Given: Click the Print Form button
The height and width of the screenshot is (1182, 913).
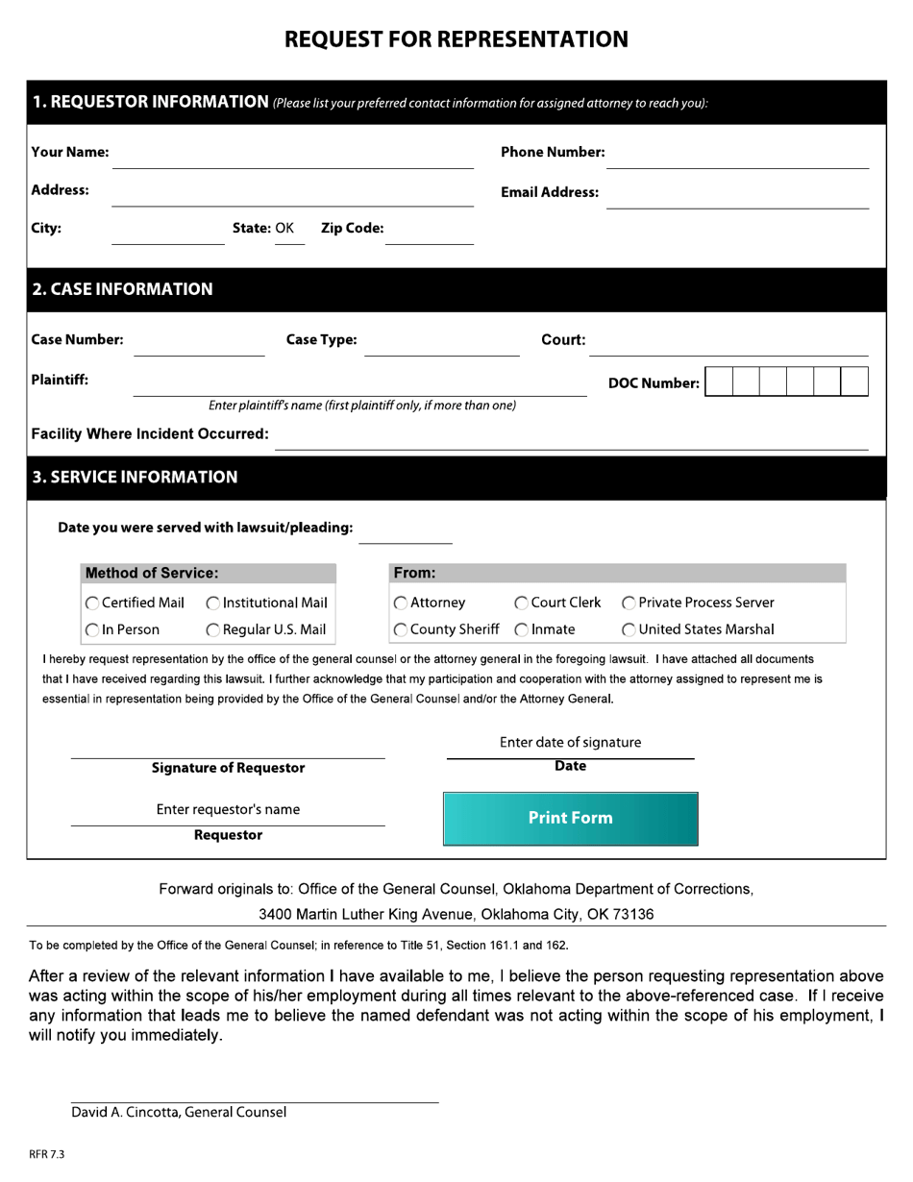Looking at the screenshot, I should point(570,818).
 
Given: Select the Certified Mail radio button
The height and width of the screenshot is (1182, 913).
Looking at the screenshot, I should point(92,603).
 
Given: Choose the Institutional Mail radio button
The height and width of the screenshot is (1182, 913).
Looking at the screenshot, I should point(213,603).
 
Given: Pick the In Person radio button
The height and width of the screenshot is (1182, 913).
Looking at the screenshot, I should point(92,630).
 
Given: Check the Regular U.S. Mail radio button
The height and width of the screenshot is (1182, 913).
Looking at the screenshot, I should point(213,630).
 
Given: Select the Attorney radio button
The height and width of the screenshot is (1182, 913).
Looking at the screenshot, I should point(400,603).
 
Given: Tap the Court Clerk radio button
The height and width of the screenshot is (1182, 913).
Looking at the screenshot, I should point(521,603).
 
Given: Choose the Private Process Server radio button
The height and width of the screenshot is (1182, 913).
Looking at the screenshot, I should point(629,603).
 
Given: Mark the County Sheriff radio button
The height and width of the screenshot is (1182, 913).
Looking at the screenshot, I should point(400,630).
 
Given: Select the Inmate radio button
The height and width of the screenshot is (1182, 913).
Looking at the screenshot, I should point(521,630).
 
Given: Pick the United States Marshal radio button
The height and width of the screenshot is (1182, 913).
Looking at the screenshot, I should point(629,630).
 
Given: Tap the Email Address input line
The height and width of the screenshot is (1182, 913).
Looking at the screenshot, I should point(737,196).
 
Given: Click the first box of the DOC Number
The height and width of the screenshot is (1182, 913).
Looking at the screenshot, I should point(718,382).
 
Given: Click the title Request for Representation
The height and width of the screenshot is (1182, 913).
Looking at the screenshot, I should point(456,39).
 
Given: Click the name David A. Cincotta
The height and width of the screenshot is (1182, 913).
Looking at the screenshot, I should point(124,1113).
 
